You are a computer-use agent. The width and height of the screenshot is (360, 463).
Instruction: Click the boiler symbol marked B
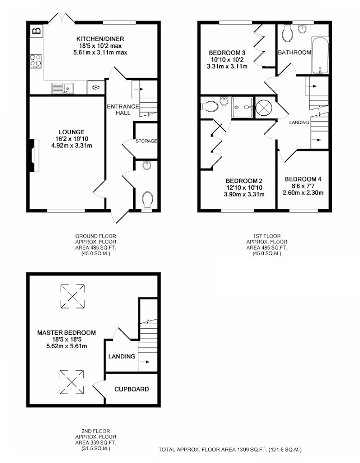tap(37, 31)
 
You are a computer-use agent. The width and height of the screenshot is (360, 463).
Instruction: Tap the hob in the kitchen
tap(36, 61)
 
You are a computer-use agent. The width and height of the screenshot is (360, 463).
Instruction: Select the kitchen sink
tap(62, 88)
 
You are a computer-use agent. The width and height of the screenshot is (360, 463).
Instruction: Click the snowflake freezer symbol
tap(96, 88)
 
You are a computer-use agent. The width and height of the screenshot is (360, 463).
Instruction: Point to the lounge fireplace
tap(34, 156)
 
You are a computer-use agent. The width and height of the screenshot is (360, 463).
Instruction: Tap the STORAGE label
tap(146, 141)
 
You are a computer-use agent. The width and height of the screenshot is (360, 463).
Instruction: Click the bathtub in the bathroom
tap(320, 56)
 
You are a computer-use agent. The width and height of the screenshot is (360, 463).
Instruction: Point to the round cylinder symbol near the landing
tap(263, 107)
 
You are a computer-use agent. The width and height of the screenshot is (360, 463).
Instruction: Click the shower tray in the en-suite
tap(242, 107)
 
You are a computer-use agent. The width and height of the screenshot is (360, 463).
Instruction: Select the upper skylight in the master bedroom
tap(72, 296)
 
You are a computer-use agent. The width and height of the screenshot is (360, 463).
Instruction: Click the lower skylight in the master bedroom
tap(71, 382)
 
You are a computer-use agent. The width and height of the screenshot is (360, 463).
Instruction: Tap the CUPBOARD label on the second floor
tap(131, 389)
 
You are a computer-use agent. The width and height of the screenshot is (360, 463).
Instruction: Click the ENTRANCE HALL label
tap(123, 110)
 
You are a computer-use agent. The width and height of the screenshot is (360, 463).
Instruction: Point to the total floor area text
tap(230, 450)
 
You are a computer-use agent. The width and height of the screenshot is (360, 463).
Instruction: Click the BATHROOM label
tap(294, 53)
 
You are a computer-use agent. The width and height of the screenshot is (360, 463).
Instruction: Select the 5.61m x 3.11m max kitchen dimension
tap(100, 53)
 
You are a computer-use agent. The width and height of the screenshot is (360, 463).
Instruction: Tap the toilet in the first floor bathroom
tap(287, 33)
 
